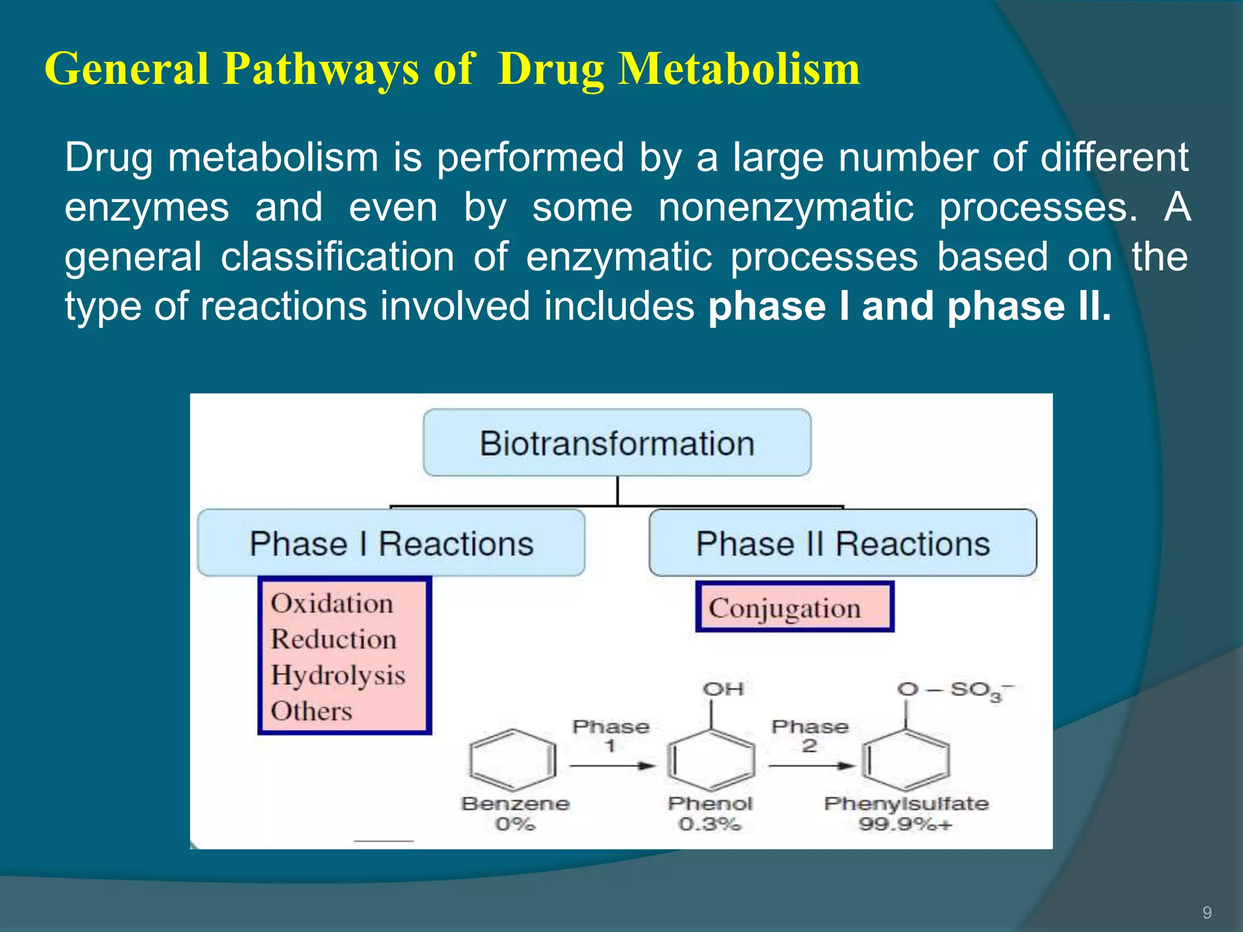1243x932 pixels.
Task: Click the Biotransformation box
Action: pyautogui.click(x=617, y=443)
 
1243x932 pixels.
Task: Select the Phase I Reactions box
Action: pyautogui.click(x=391, y=543)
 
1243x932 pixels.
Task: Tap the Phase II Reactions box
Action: pyautogui.click(x=842, y=543)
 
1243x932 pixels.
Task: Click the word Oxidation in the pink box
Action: pyautogui.click(x=332, y=604)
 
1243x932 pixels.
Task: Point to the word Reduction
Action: pyautogui.click(x=334, y=640)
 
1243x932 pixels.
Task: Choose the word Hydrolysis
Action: pyautogui.click(x=338, y=675)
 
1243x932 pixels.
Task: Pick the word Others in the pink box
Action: pyautogui.click(x=311, y=711)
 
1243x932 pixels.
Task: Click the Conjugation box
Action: pyautogui.click(x=794, y=607)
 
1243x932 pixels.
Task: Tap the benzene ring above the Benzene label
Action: pyautogui.click(x=513, y=760)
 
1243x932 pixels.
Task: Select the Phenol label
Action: pyautogui.click(x=710, y=804)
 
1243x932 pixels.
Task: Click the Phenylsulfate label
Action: pyautogui.click(x=906, y=804)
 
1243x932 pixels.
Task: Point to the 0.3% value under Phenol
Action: pyautogui.click(x=710, y=825)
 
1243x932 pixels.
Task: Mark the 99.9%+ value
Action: pyautogui.click(x=905, y=825)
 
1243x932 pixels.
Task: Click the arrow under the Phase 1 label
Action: pyautogui.click(x=612, y=766)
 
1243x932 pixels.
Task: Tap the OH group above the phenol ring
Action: pyautogui.click(x=723, y=689)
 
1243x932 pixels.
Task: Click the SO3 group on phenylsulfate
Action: pyautogui.click(x=977, y=691)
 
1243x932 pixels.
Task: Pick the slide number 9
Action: pyautogui.click(x=1207, y=913)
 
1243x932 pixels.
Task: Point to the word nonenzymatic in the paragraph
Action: pyautogui.click(x=786, y=208)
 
